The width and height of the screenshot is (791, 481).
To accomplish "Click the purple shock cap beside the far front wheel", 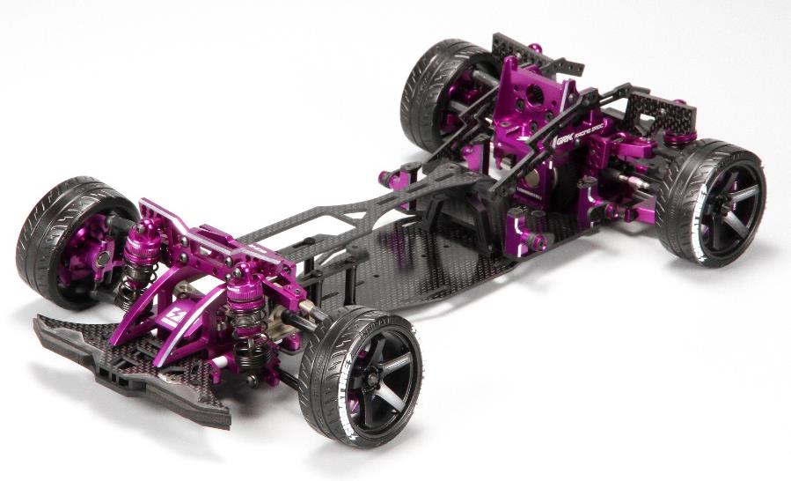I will pos(142,236).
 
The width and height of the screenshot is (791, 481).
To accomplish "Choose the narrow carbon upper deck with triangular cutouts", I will pos(352,211).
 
